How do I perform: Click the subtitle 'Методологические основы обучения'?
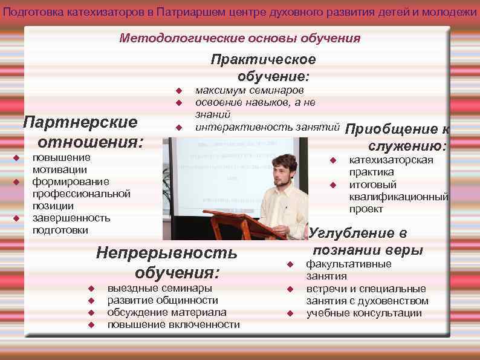click(x=239, y=39)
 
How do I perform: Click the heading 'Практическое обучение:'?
click(x=264, y=68)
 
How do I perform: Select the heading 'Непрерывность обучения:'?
click(x=167, y=261)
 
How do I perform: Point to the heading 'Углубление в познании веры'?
click(x=363, y=241)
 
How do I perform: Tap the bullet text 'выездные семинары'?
click(x=160, y=288)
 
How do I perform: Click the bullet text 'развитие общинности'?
click(x=163, y=300)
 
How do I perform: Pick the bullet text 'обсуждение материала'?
click(x=167, y=312)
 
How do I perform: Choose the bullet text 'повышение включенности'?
click(x=174, y=325)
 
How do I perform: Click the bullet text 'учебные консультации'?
click(x=364, y=313)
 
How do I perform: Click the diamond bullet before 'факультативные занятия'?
click(x=290, y=264)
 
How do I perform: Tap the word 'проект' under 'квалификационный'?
click(x=366, y=209)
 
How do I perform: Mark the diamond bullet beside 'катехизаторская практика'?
click(x=332, y=160)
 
